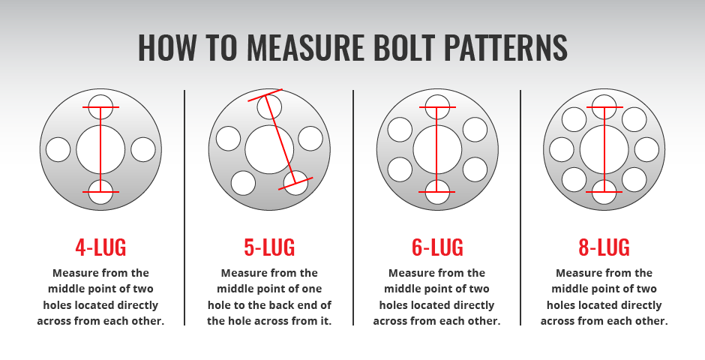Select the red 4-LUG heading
(x=100, y=247)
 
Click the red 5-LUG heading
(x=269, y=247)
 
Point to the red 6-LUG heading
(x=437, y=247)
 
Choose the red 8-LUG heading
(x=604, y=247)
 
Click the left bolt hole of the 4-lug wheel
(x=58, y=150)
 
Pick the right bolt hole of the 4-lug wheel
(x=143, y=150)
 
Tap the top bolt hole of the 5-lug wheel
(x=269, y=107)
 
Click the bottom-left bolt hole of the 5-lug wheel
(x=243, y=183)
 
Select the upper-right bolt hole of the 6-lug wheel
(x=475, y=130)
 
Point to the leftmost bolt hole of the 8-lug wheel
(x=562, y=150)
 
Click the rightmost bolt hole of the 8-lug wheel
(x=646, y=150)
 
